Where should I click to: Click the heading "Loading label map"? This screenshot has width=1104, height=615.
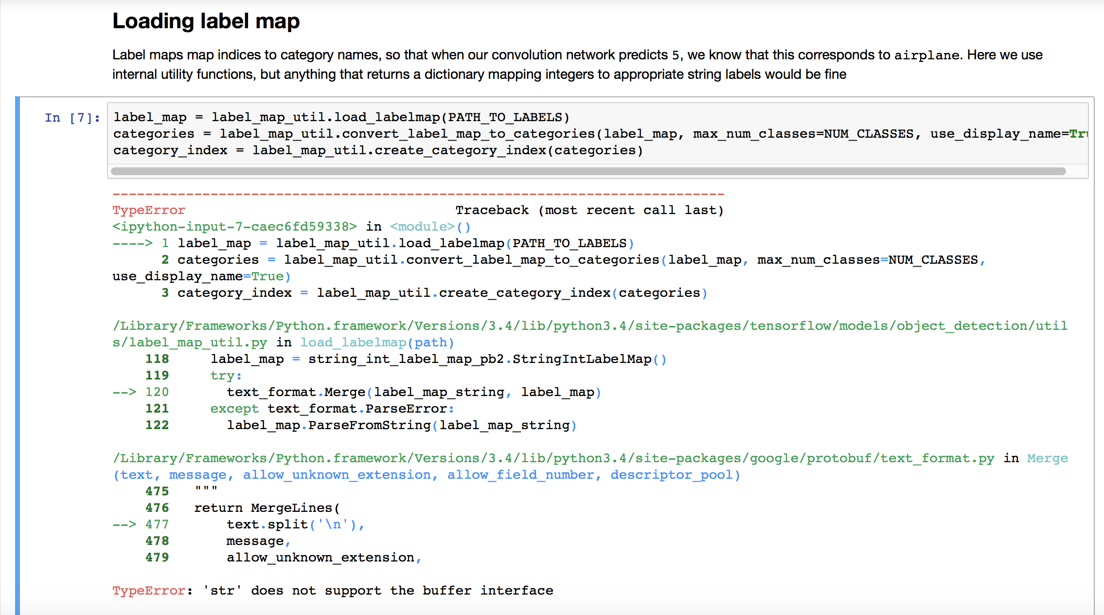tap(206, 21)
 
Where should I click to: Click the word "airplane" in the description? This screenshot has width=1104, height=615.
tap(926, 55)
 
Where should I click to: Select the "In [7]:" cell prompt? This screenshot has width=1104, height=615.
tap(72, 118)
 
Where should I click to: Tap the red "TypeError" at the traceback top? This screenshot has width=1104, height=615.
tap(148, 210)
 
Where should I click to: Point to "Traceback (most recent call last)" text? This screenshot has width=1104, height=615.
tap(589, 210)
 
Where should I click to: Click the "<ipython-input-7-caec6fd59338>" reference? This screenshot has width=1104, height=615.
tap(234, 227)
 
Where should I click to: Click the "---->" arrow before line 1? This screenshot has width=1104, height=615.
tap(132, 243)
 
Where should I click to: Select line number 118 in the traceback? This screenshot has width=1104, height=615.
tap(157, 359)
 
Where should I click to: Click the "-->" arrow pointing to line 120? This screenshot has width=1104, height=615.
tap(125, 392)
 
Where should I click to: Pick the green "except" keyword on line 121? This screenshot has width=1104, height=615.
tap(234, 409)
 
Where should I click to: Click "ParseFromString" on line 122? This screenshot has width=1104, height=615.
tap(370, 425)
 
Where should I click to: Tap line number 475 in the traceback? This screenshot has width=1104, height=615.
tap(157, 491)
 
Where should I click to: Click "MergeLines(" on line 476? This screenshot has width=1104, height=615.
tap(295, 508)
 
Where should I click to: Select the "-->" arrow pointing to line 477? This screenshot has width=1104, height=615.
tap(125, 525)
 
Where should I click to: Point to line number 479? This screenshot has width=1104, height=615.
tap(157, 558)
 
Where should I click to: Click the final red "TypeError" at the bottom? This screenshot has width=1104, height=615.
tap(148, 591)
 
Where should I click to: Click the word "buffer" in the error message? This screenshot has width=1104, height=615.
tap(446, 591)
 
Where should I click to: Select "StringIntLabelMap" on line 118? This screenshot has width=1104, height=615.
tap(582, 359)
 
